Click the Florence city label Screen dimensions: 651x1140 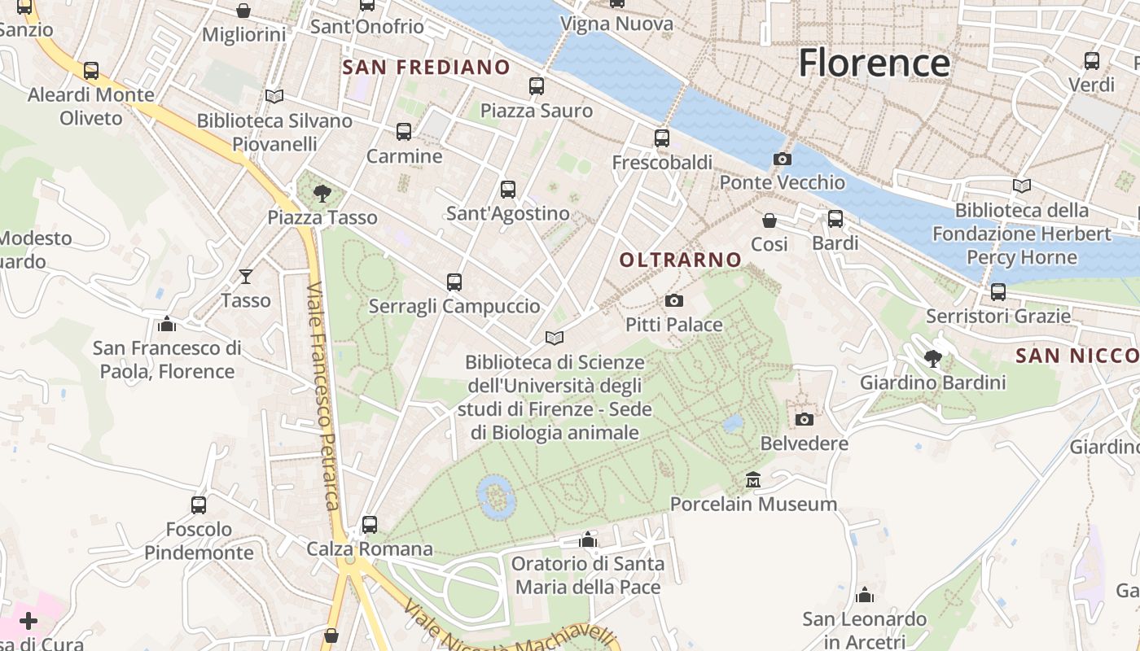click(x=874, y=63)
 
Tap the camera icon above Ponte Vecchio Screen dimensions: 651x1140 click(x=782, y=159)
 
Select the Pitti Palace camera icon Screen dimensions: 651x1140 click(x=673, y=301)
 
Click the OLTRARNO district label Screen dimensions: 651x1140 click(x=681, y=260)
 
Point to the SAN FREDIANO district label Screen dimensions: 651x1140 click(x=426, y=68)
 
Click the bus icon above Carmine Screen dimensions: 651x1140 click(x=404, y=132)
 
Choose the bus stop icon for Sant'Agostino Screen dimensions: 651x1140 click(x=508, y=190)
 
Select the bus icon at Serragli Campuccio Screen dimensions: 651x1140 click(x=454, y=282)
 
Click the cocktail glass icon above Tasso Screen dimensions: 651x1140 click(x=245, y=277)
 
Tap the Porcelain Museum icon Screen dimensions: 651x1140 click(x=753, y=480)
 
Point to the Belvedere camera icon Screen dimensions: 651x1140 click(x=805, y=419)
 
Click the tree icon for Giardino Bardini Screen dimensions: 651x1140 click(x=933, y=358)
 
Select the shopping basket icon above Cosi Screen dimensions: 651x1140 click(x=769, y=221)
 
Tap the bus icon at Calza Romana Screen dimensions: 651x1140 click(x=370, y=525)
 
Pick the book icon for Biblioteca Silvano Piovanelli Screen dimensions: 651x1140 click(x=274, y=97)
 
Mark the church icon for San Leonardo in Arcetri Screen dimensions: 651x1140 click(x=865, y=596)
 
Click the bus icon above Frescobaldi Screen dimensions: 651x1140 click(x=662, y=138)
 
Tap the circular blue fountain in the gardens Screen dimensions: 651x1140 click(x=495, y=496)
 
